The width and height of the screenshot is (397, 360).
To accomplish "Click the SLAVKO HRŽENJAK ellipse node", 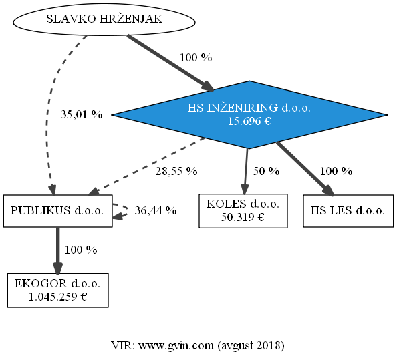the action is (104, 19).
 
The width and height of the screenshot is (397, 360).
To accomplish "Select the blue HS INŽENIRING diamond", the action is (249, 115).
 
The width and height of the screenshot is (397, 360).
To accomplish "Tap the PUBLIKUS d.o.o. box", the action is (57, 211).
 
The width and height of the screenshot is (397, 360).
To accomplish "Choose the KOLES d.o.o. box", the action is (243, 211).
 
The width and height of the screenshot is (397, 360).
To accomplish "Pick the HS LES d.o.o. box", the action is (348, 211).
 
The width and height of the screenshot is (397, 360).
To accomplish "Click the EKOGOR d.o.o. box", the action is (57, 290).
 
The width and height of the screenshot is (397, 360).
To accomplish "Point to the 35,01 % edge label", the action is (82, 115).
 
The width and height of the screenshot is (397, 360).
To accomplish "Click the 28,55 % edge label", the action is (176, 171).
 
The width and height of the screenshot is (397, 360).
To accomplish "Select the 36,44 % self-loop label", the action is (156, 210).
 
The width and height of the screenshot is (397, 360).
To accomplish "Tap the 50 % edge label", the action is (267, 171).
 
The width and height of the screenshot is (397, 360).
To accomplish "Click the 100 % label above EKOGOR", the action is (81, 250).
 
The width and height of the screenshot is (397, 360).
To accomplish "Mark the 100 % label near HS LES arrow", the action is (336, 171).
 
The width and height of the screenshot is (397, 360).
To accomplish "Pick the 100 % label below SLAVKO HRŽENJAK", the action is (196, 57).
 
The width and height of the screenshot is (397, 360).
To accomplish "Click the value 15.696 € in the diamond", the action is (249, 121).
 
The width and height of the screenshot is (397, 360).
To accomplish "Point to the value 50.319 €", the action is (243, 217).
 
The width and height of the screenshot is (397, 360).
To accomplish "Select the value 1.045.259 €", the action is (57, 297).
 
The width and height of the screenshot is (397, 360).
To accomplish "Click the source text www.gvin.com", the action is (176, 345).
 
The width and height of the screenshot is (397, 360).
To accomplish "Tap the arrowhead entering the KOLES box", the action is (245, 190).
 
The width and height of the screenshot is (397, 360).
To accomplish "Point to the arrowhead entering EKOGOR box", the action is (57, 268).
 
